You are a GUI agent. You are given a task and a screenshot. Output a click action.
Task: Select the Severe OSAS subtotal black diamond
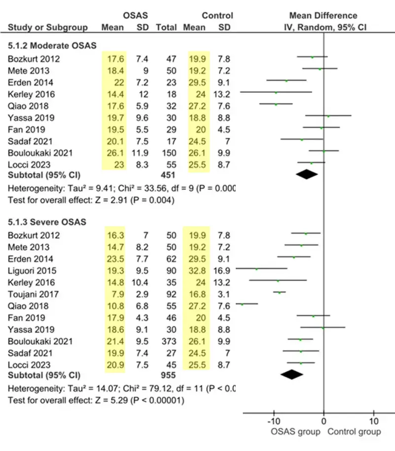291,375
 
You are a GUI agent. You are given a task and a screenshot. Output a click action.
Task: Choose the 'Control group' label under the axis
354,432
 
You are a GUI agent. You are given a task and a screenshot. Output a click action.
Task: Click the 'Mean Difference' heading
323,16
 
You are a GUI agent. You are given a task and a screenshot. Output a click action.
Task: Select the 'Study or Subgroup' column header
48,28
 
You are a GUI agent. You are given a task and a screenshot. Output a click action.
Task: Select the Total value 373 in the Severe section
166,341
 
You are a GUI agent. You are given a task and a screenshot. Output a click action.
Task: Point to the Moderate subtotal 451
166,175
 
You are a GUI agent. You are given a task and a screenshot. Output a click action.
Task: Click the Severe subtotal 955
166,375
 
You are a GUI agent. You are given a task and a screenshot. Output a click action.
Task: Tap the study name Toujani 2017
32,294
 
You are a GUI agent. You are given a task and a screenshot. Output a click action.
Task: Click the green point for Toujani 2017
280,293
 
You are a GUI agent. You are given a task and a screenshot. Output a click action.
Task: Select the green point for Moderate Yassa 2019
328,116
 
